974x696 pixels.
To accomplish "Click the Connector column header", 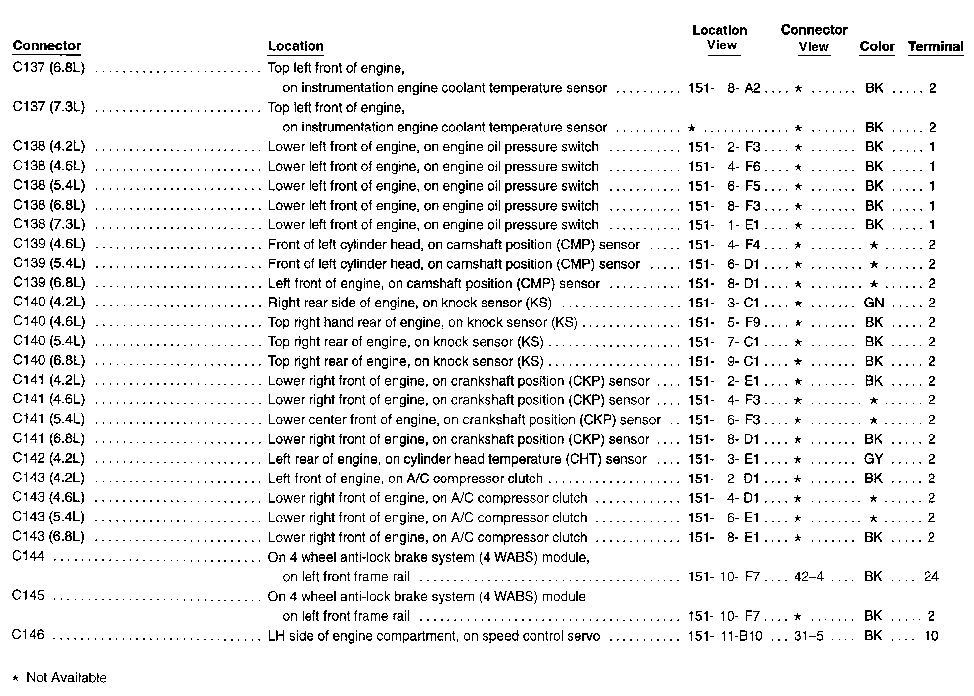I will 46,46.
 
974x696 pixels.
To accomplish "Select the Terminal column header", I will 935,47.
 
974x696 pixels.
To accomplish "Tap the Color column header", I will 877,47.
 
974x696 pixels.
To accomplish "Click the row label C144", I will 29,557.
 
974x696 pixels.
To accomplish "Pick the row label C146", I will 29,635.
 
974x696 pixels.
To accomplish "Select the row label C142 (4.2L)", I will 49,459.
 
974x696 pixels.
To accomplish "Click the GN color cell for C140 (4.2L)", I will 874,303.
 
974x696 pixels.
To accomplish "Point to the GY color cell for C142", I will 873,459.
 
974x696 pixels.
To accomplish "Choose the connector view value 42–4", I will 809,577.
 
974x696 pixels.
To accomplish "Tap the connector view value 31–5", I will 809,636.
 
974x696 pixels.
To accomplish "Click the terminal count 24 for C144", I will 931,577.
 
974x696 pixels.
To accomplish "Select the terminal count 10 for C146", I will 931,636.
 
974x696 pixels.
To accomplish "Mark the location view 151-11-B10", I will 725,636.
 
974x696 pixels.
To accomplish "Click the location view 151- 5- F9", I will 724,322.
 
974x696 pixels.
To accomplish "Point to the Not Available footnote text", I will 66,678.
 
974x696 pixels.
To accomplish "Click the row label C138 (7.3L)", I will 49,225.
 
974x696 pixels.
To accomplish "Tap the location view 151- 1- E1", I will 724,225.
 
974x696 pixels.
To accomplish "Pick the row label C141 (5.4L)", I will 49,420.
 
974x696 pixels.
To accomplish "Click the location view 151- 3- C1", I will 724,303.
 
